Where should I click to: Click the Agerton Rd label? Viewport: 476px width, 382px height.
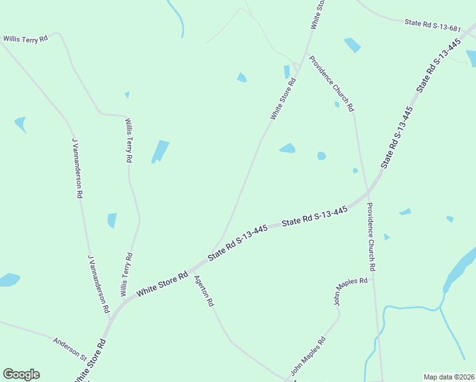pos(203,292)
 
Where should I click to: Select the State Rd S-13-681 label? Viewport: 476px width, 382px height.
pos(432,24)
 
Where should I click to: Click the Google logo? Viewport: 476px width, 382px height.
pos(21,374)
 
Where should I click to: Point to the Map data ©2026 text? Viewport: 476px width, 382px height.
pos(449,377)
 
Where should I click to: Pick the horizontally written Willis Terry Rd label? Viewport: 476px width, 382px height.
pos(25,39)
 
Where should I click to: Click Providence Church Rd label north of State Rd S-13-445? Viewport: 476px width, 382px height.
pos(332,84)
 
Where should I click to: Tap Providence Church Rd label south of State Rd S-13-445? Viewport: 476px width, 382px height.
pos(372,237)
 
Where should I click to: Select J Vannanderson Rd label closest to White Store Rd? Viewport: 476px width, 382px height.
pos(99,286)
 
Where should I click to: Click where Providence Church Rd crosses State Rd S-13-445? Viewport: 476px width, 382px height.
pos(367,192)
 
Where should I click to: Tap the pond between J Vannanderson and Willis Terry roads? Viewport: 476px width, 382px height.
pos(112,220)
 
